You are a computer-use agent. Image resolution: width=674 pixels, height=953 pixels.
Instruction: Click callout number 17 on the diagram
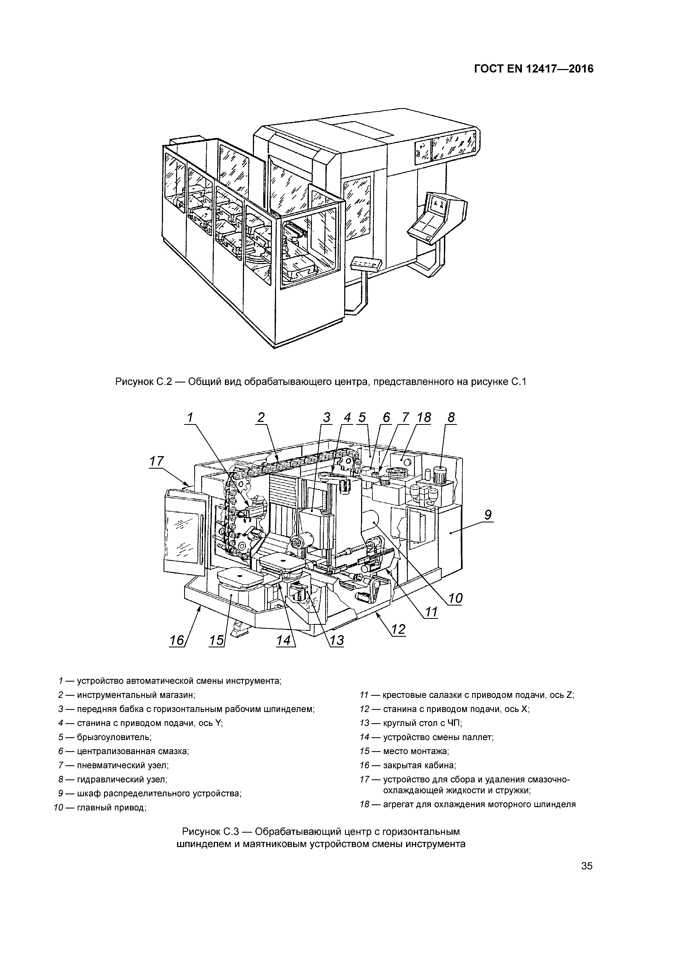point(157,461)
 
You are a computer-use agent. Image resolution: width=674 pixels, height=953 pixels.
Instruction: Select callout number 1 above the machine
point(190,417)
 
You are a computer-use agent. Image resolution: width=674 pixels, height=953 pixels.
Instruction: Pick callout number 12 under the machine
point(398,629)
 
